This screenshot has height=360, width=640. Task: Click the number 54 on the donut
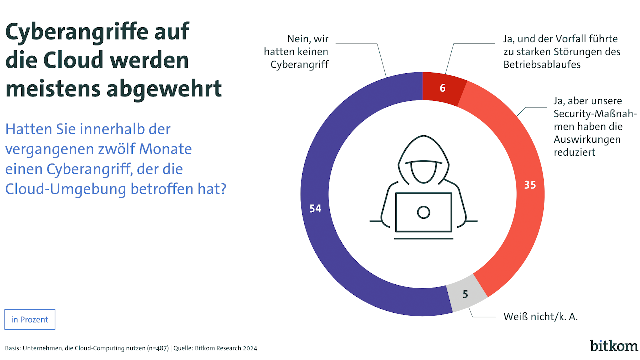coord(315,209)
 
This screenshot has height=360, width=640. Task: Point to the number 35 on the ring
coord(530,185)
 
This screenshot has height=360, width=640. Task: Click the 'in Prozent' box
coord(30,319)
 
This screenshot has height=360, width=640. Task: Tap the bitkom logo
coord(614,346)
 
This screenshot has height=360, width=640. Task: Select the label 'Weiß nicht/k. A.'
coord(540,317)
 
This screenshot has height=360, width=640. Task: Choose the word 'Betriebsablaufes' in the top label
coord(542,65)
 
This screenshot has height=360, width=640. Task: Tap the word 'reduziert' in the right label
coord(574,152)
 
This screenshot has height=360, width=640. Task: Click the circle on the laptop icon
coord(423,212)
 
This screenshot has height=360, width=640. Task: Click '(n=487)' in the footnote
coord(158,348)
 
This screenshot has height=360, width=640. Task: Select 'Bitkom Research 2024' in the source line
coord(226,348)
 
